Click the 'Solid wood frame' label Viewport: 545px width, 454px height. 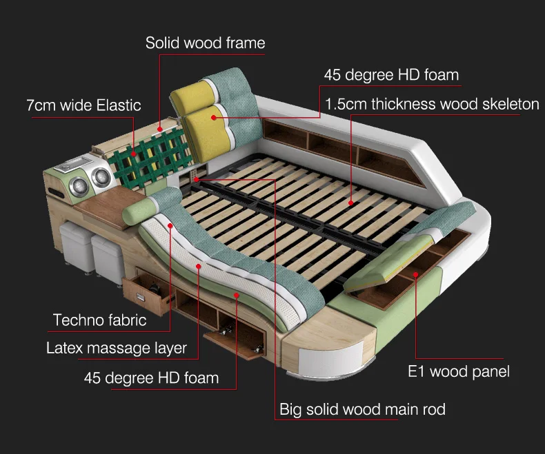[x=205, y=43]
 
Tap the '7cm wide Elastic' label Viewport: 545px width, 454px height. [x=83, y=105]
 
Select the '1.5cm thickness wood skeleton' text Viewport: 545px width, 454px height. [x=432, y=104]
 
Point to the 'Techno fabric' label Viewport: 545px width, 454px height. [x=99, y=320]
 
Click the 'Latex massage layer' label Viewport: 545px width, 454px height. [x=116, y=347]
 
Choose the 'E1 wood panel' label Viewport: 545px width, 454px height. [x=458, y=372]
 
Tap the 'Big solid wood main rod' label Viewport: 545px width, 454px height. [x=362, y=409]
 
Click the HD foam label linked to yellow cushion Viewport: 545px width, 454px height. [x=391, y=74]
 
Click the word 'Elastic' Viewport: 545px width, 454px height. [x=118, y=105]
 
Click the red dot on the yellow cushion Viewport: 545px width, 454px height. [x=214, y=117]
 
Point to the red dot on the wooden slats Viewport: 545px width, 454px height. [x=350, y=203]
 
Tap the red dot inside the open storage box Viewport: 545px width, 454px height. [x=416, y=274]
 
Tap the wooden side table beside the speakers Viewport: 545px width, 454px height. [x=103, y=209]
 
